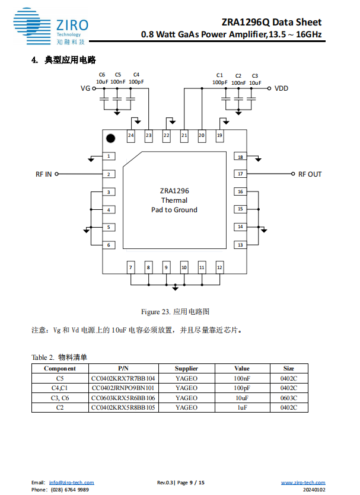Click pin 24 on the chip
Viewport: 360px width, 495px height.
click(130, 136)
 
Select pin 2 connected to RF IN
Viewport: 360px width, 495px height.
click(109, 174)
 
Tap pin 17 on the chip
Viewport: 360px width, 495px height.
click(240, 174)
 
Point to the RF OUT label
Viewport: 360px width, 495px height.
click(310, 174)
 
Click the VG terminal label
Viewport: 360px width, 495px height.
click(85, 88)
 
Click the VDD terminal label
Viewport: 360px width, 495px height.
click(282, 88)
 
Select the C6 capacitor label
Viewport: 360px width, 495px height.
click(102, 74)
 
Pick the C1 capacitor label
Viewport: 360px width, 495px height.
click(219, 75)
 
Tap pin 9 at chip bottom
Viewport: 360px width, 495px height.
click(166, 268)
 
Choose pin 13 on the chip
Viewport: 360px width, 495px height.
click(240, 245)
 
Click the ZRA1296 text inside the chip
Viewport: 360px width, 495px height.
click(174, 191)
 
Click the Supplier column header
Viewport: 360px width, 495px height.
click(187, 368)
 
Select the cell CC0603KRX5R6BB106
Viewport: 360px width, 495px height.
click(123, 398)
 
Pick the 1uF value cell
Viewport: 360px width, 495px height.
click(242, 408)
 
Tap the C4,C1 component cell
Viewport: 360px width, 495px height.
click(60, 388)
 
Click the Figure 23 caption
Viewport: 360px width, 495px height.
click(175, 311)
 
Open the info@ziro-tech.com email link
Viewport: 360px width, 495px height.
click(71, 483)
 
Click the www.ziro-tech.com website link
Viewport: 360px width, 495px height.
click(302, 483)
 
